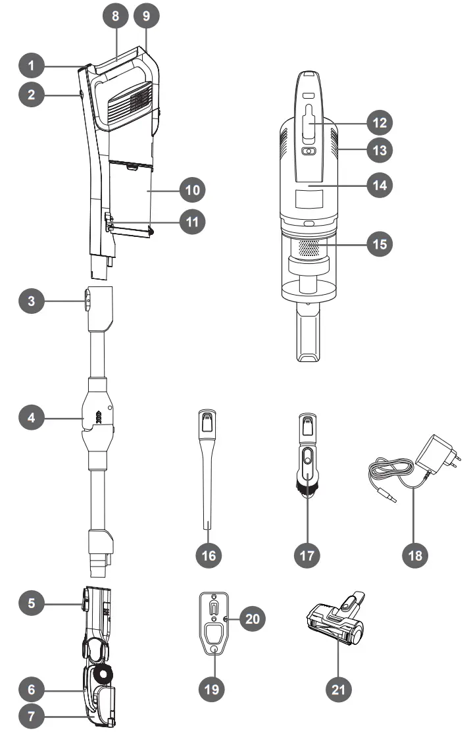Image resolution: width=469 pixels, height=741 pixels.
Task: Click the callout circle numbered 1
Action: [x=31, y=66]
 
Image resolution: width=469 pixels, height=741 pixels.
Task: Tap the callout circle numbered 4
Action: [x=31, y=417]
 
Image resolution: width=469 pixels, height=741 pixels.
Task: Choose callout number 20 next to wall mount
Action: [x=252, y=618]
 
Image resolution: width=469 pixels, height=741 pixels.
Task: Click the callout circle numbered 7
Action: [x=31, y=716]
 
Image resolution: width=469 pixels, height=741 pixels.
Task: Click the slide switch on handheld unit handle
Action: [x=308, y=122]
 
